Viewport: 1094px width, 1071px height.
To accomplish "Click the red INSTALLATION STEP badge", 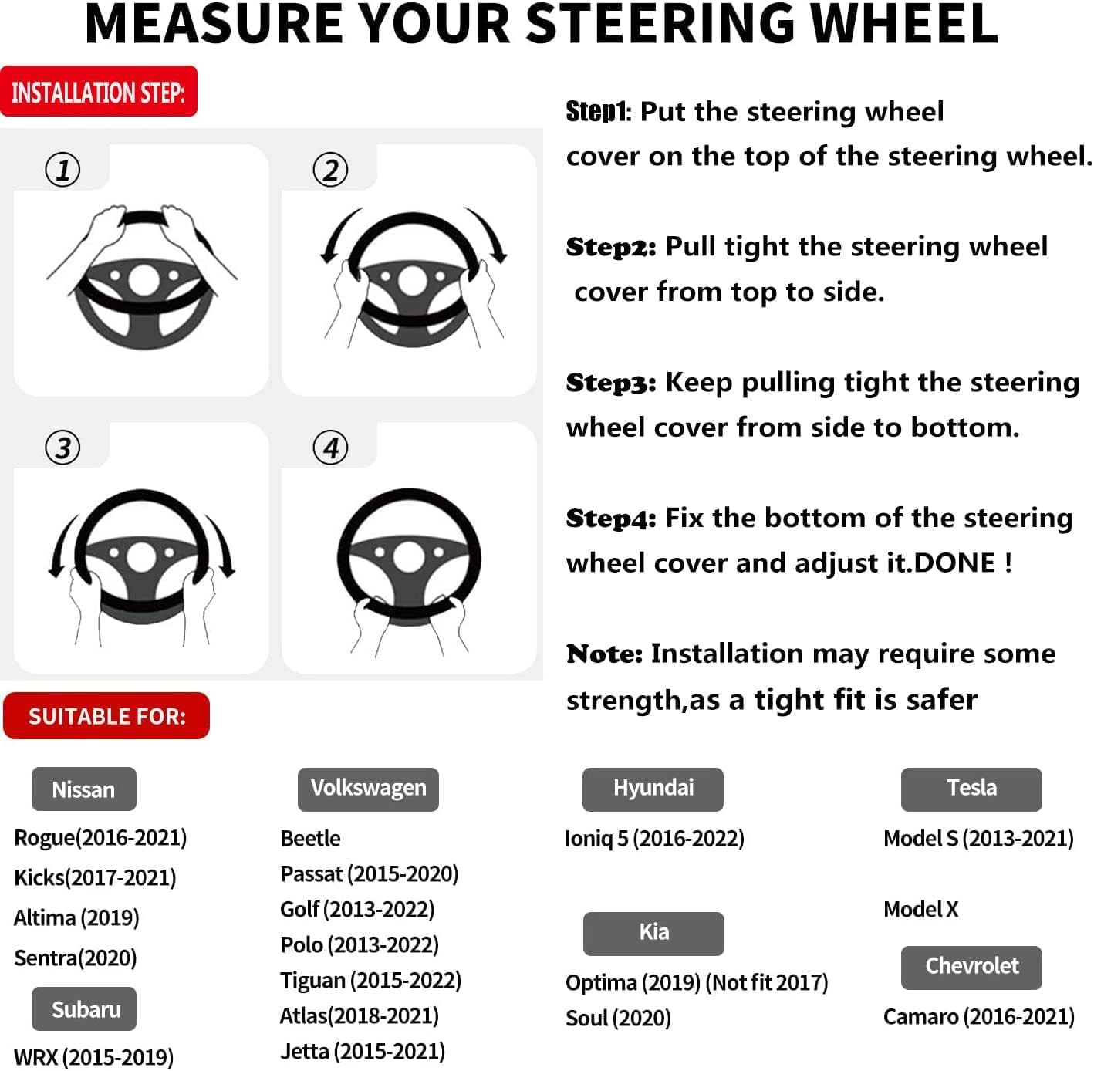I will (x=99, y=92).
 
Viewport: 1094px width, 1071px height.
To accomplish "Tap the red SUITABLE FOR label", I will (x=106, y=716).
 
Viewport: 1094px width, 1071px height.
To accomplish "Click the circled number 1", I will (x=62, y=170).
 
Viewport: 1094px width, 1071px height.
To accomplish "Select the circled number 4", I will (x=330, y=448).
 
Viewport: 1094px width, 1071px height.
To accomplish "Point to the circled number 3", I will (x=62, y=448).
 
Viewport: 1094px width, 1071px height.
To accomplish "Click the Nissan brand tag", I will (x=83, y=789).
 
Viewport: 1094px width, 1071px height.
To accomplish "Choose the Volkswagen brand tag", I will (x=368, y=789).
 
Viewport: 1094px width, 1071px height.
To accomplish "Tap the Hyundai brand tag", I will (x=653, y=789).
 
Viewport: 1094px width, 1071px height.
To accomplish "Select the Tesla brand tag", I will (x=971, y=789).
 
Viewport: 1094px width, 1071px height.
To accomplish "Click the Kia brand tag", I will (x=653, y=933).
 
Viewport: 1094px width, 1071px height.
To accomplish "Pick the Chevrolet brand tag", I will (x=971, y=967).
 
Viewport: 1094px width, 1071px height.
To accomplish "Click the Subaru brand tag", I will (x=84, y=1009).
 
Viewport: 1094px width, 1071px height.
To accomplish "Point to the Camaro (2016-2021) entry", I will (x=978, y=1017).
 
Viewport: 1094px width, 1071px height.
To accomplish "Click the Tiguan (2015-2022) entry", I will (x=370, y=981).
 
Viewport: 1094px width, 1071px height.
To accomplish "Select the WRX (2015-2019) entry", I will (x=93, y=1057).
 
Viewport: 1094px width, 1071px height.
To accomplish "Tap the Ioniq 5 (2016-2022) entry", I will (x=654, y=839).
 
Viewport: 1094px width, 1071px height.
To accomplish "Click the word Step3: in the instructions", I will (x=611, y=383).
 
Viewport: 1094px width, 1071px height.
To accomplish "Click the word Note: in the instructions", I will (x=604, y=654).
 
